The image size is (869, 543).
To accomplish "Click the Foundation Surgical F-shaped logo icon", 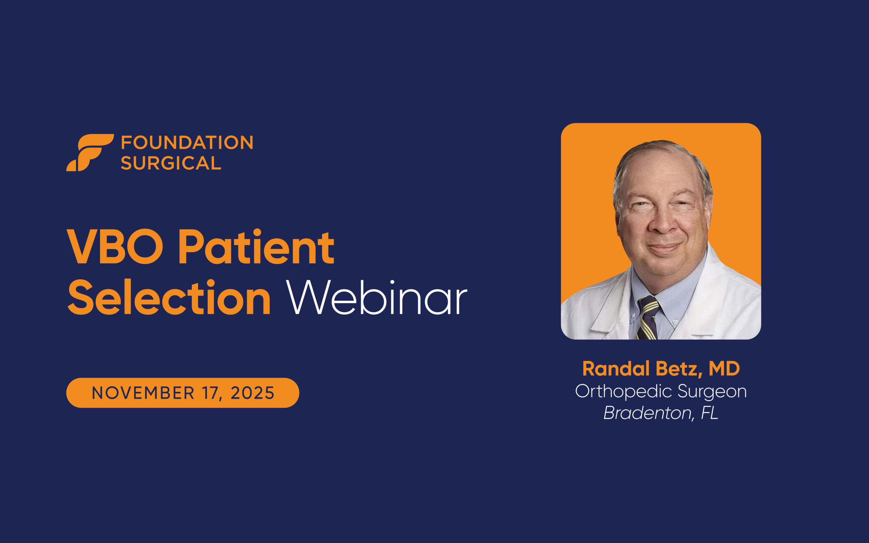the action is tap(90, 152).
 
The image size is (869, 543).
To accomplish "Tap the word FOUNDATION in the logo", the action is tap(187, 143).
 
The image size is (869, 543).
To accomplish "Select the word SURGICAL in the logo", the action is tap(171, 163).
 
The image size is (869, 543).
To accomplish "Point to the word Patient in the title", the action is tap(256, 247).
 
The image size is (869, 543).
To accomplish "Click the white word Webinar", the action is tap(376, 298).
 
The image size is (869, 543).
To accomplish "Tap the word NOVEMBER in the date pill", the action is tap(143, 393).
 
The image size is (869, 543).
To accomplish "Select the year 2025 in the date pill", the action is tap(253, 393).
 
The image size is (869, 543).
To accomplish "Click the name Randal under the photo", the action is tap(616, 369).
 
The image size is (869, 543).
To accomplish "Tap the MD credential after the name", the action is tap(724, 369).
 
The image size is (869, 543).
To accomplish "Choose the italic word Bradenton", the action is tap(647, 413).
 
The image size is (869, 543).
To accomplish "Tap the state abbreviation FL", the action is tap(709, 413).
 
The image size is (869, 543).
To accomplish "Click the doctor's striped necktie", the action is tap(648, 318).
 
